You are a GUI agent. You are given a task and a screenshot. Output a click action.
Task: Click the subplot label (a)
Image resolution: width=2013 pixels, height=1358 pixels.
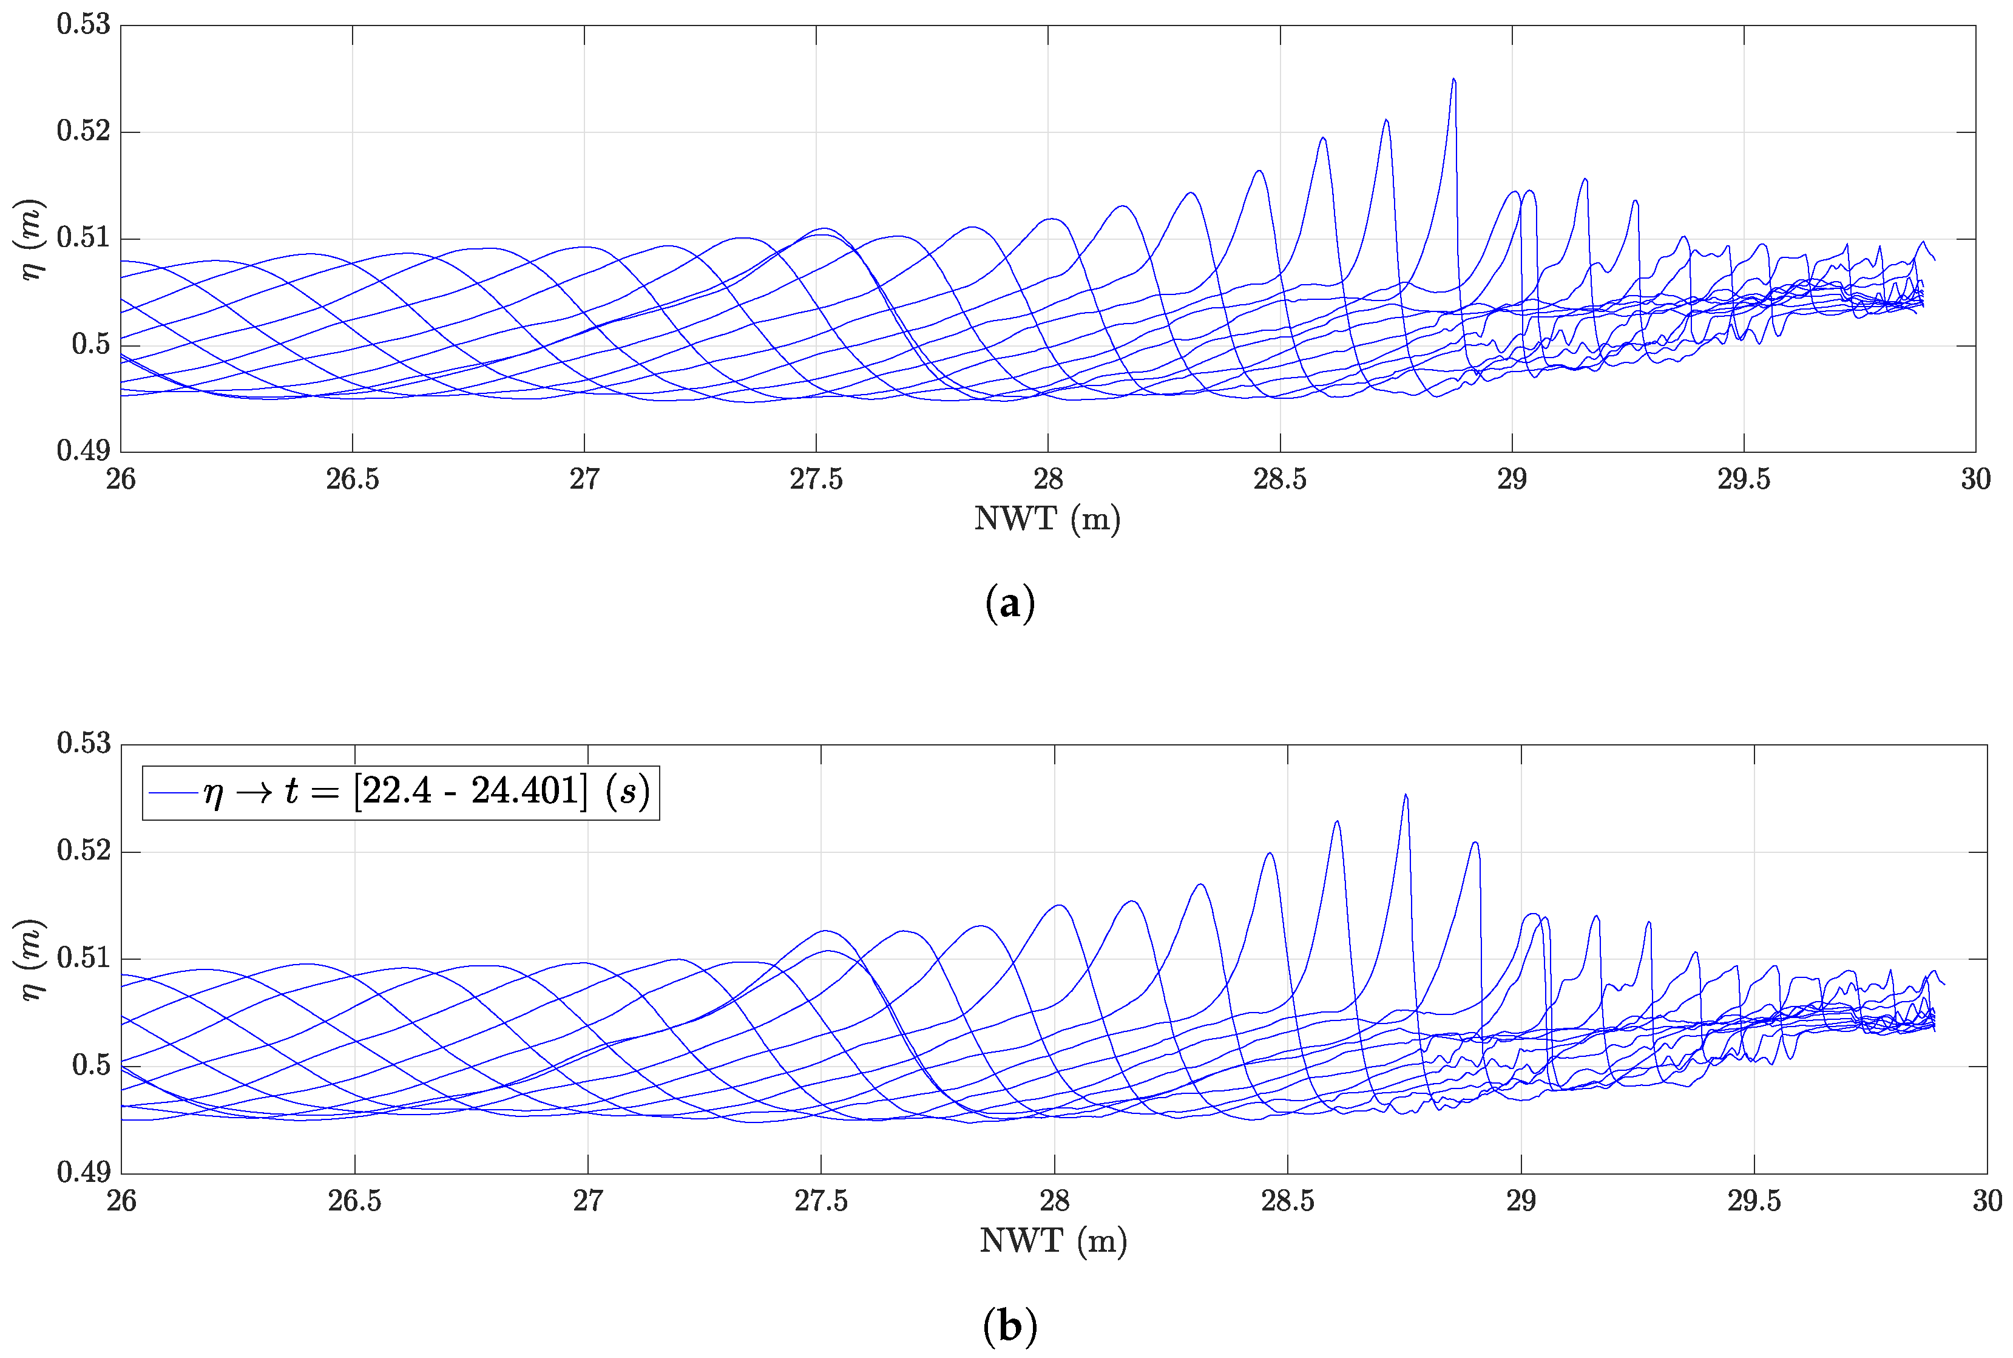(x=1009, y=603)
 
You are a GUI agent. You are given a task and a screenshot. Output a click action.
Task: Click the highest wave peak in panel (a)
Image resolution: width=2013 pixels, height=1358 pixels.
(x=1453, y=80)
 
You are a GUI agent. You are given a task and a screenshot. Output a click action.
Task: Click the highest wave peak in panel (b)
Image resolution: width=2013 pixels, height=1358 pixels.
(x=1405, y=795)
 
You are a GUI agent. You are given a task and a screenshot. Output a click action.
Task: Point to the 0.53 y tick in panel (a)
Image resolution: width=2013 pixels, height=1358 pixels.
(x=84, y=24)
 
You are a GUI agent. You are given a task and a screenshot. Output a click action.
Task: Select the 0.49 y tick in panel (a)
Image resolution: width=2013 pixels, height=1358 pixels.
(x=84, y=450)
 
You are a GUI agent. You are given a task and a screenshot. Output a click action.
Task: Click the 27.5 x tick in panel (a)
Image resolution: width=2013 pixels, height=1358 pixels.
(x=816, y=480)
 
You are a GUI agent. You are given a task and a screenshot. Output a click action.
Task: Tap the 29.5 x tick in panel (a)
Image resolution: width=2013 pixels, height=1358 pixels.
(x=1744, y=480)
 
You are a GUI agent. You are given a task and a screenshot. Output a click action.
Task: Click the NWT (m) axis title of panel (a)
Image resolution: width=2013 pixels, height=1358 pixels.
(x=1047, y=519)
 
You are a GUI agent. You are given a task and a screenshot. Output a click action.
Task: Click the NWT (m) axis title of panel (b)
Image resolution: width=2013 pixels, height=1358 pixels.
(x=1053, y=1241)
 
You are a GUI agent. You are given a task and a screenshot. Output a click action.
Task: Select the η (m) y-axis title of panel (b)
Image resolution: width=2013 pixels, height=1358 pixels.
(x=32, y=959)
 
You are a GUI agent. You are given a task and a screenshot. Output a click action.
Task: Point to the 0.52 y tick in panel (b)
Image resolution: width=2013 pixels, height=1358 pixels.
(x=84, y=850)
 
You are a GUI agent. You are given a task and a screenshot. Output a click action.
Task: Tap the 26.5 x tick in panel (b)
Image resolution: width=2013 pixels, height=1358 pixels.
(x=354, y=1201)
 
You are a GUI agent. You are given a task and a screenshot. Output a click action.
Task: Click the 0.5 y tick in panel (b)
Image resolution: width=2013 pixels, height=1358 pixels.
(x=92, y=1065)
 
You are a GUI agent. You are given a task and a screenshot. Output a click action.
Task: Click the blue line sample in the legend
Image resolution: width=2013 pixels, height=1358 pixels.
(x=172, y=792)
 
